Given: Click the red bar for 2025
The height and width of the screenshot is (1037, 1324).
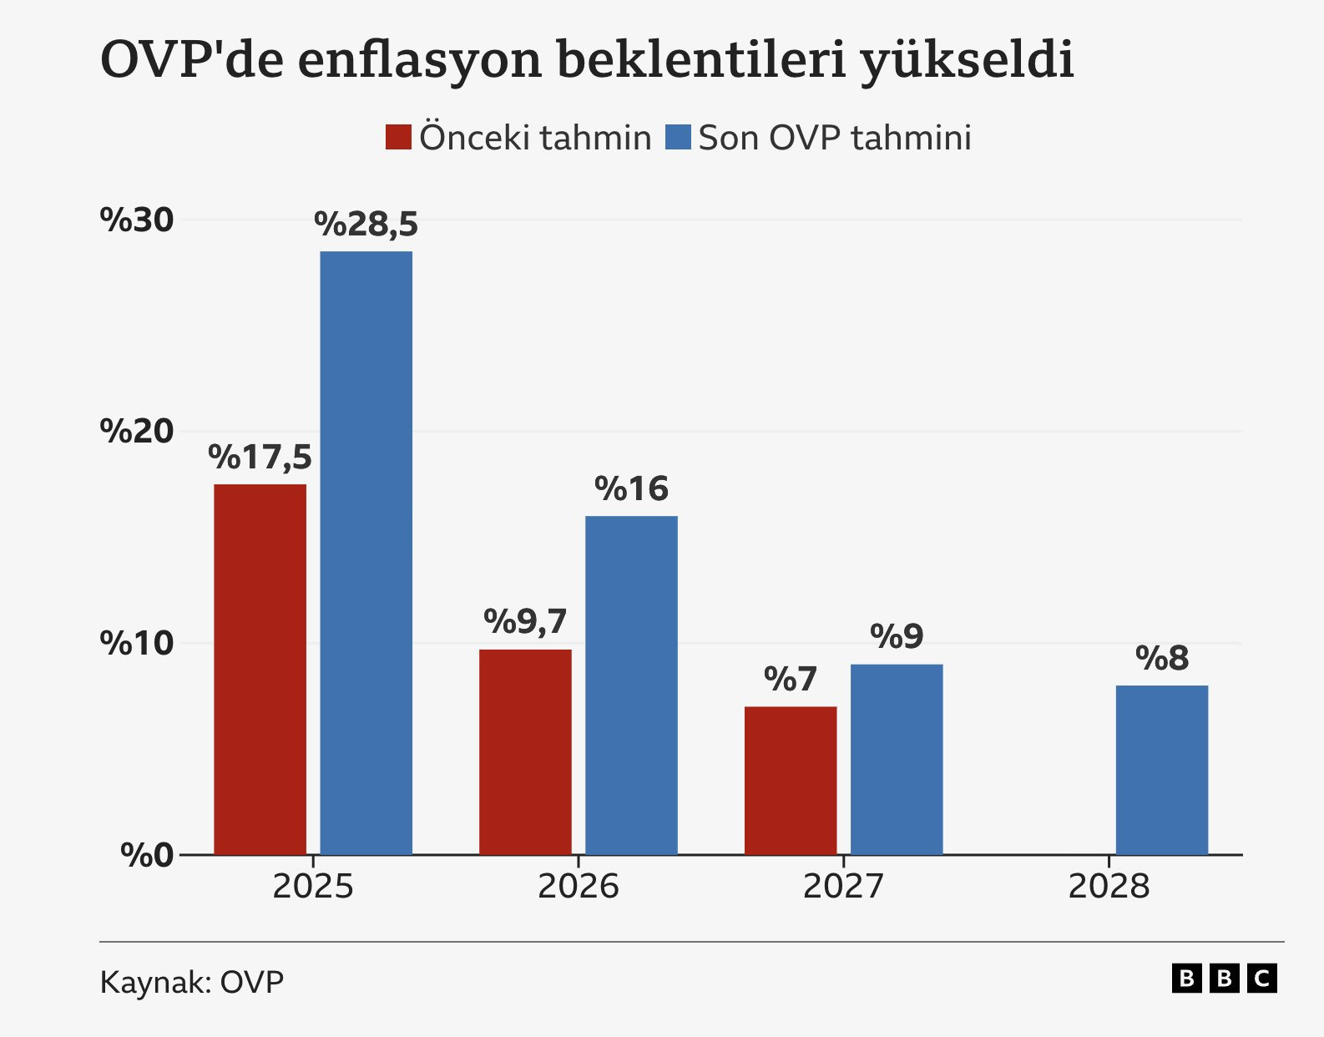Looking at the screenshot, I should point(260,669).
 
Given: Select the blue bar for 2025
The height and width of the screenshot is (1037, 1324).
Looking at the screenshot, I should point(366,553).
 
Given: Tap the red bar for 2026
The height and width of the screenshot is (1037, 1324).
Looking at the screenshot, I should point(525,751).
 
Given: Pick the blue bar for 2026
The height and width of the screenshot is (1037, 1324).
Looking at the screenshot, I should point(631,685).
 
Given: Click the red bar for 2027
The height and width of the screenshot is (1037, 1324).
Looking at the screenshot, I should point(791,780).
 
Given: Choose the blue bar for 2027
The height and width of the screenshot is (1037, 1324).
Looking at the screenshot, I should point(897,759).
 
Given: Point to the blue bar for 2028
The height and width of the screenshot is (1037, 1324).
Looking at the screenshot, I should point(1162,770).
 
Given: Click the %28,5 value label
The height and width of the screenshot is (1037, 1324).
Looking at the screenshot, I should point(366,225).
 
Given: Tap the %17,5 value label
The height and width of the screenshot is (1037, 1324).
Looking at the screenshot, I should point(260,458).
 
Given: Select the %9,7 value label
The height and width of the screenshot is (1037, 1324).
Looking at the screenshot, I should point(525,622).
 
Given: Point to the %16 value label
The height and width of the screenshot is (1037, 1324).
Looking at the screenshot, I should point(631,489).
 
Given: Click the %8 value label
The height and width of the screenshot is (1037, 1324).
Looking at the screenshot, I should point(1162,659).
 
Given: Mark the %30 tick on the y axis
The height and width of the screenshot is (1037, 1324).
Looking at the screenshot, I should point(137,220).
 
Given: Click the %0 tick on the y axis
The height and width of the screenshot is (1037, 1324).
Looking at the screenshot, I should point(147,855).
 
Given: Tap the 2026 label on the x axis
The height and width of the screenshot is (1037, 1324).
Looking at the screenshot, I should point(578,887).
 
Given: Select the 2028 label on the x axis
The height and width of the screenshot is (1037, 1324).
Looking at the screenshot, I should point(1109,887).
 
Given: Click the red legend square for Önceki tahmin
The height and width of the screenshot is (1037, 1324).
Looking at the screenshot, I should point(398,138).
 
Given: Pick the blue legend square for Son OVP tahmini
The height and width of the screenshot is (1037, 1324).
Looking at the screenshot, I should point(678,138).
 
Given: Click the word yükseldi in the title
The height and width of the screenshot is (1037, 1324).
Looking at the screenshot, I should point(967,60).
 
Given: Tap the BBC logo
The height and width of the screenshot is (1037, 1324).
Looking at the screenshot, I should point(1225,978).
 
